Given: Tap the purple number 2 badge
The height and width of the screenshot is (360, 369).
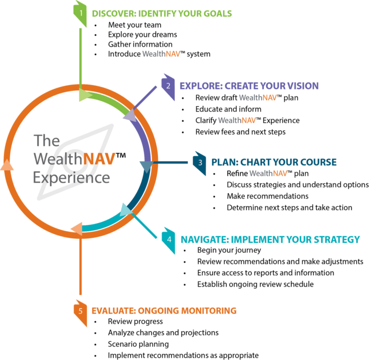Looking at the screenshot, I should [x=168, y=86].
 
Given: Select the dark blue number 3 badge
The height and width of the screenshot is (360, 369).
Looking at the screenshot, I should [x=199, y=162].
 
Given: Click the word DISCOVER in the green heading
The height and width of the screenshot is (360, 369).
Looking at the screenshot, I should [x=111, y=13].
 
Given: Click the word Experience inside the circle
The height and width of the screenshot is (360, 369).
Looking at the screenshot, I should [x=71, y=177].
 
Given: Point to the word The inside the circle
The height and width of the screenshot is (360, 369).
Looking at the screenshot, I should [x=47, y=141].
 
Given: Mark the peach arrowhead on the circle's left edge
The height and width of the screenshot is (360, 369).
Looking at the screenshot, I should [x=7, y=165].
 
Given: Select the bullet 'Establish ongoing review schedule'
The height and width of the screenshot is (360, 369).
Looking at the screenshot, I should [x=256, y=284].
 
